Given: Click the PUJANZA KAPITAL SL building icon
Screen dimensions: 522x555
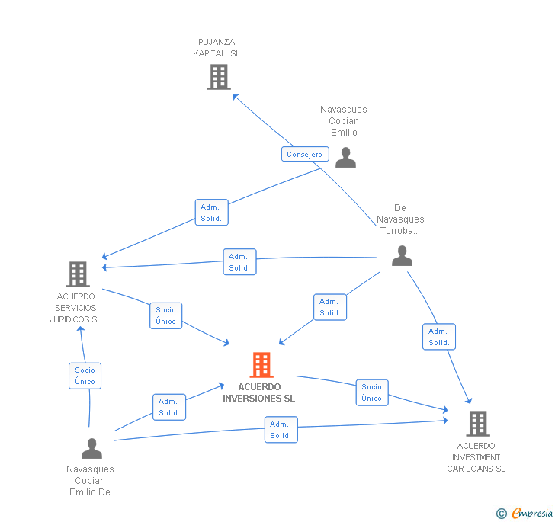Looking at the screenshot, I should [219, 77].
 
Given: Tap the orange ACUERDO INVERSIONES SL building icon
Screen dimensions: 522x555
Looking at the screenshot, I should [261, 365].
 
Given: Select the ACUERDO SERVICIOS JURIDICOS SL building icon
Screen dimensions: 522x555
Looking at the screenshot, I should [77, 274].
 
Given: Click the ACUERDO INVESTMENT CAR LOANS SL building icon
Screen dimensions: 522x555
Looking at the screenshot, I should [477, 423].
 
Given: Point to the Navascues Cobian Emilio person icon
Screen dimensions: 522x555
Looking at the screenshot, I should [345, 157].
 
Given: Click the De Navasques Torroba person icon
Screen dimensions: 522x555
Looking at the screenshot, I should [402, 256].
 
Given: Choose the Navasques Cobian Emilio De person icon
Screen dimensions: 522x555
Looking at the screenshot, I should [91, 448].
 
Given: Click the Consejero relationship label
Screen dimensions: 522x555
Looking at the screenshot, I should [304, 155].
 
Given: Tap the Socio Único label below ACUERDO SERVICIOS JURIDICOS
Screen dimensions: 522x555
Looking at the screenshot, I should [85, 376].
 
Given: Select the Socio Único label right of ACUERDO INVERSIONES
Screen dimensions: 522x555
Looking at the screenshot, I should [372, 392].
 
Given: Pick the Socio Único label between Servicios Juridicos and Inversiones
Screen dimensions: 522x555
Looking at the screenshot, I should [165, 315].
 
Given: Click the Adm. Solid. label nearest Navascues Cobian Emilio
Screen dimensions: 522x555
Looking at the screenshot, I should [211, 213].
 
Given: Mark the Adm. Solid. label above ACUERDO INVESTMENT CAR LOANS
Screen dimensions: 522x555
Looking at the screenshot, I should [438, 337].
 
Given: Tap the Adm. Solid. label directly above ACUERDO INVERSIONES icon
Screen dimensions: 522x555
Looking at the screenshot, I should [330, 307].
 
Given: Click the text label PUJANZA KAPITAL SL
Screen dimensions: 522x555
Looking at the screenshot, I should [217, 48].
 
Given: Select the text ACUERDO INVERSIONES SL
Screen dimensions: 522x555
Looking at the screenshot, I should [259, 392].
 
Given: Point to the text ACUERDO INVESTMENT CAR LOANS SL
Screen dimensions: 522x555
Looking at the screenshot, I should [476, 457].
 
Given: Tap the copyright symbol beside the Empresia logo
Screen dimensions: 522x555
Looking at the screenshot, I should [502, 514].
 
